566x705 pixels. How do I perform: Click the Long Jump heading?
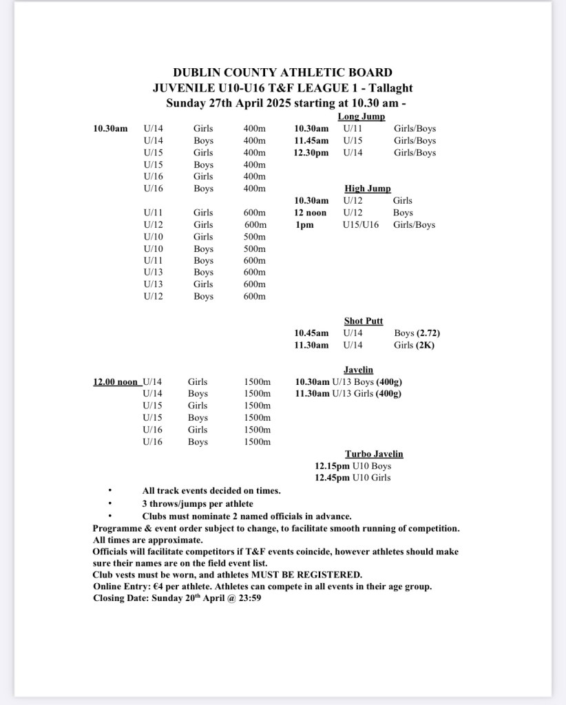361,117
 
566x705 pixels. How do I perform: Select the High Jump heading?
367,189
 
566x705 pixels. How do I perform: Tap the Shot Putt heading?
364,321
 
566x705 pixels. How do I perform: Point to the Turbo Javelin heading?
374,454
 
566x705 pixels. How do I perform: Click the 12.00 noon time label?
116,381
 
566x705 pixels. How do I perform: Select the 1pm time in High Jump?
304,225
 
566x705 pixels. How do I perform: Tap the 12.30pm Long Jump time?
311,153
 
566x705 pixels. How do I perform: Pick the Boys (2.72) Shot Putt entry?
417,333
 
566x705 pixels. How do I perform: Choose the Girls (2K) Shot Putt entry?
414,345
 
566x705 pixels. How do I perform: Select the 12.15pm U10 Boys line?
353,466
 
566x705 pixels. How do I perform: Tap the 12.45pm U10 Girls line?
353,478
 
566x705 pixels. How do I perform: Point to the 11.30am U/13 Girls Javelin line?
348,394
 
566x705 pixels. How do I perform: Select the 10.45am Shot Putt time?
311,333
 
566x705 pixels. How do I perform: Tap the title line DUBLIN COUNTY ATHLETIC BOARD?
282,72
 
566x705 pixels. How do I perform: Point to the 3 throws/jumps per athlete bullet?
198,503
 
